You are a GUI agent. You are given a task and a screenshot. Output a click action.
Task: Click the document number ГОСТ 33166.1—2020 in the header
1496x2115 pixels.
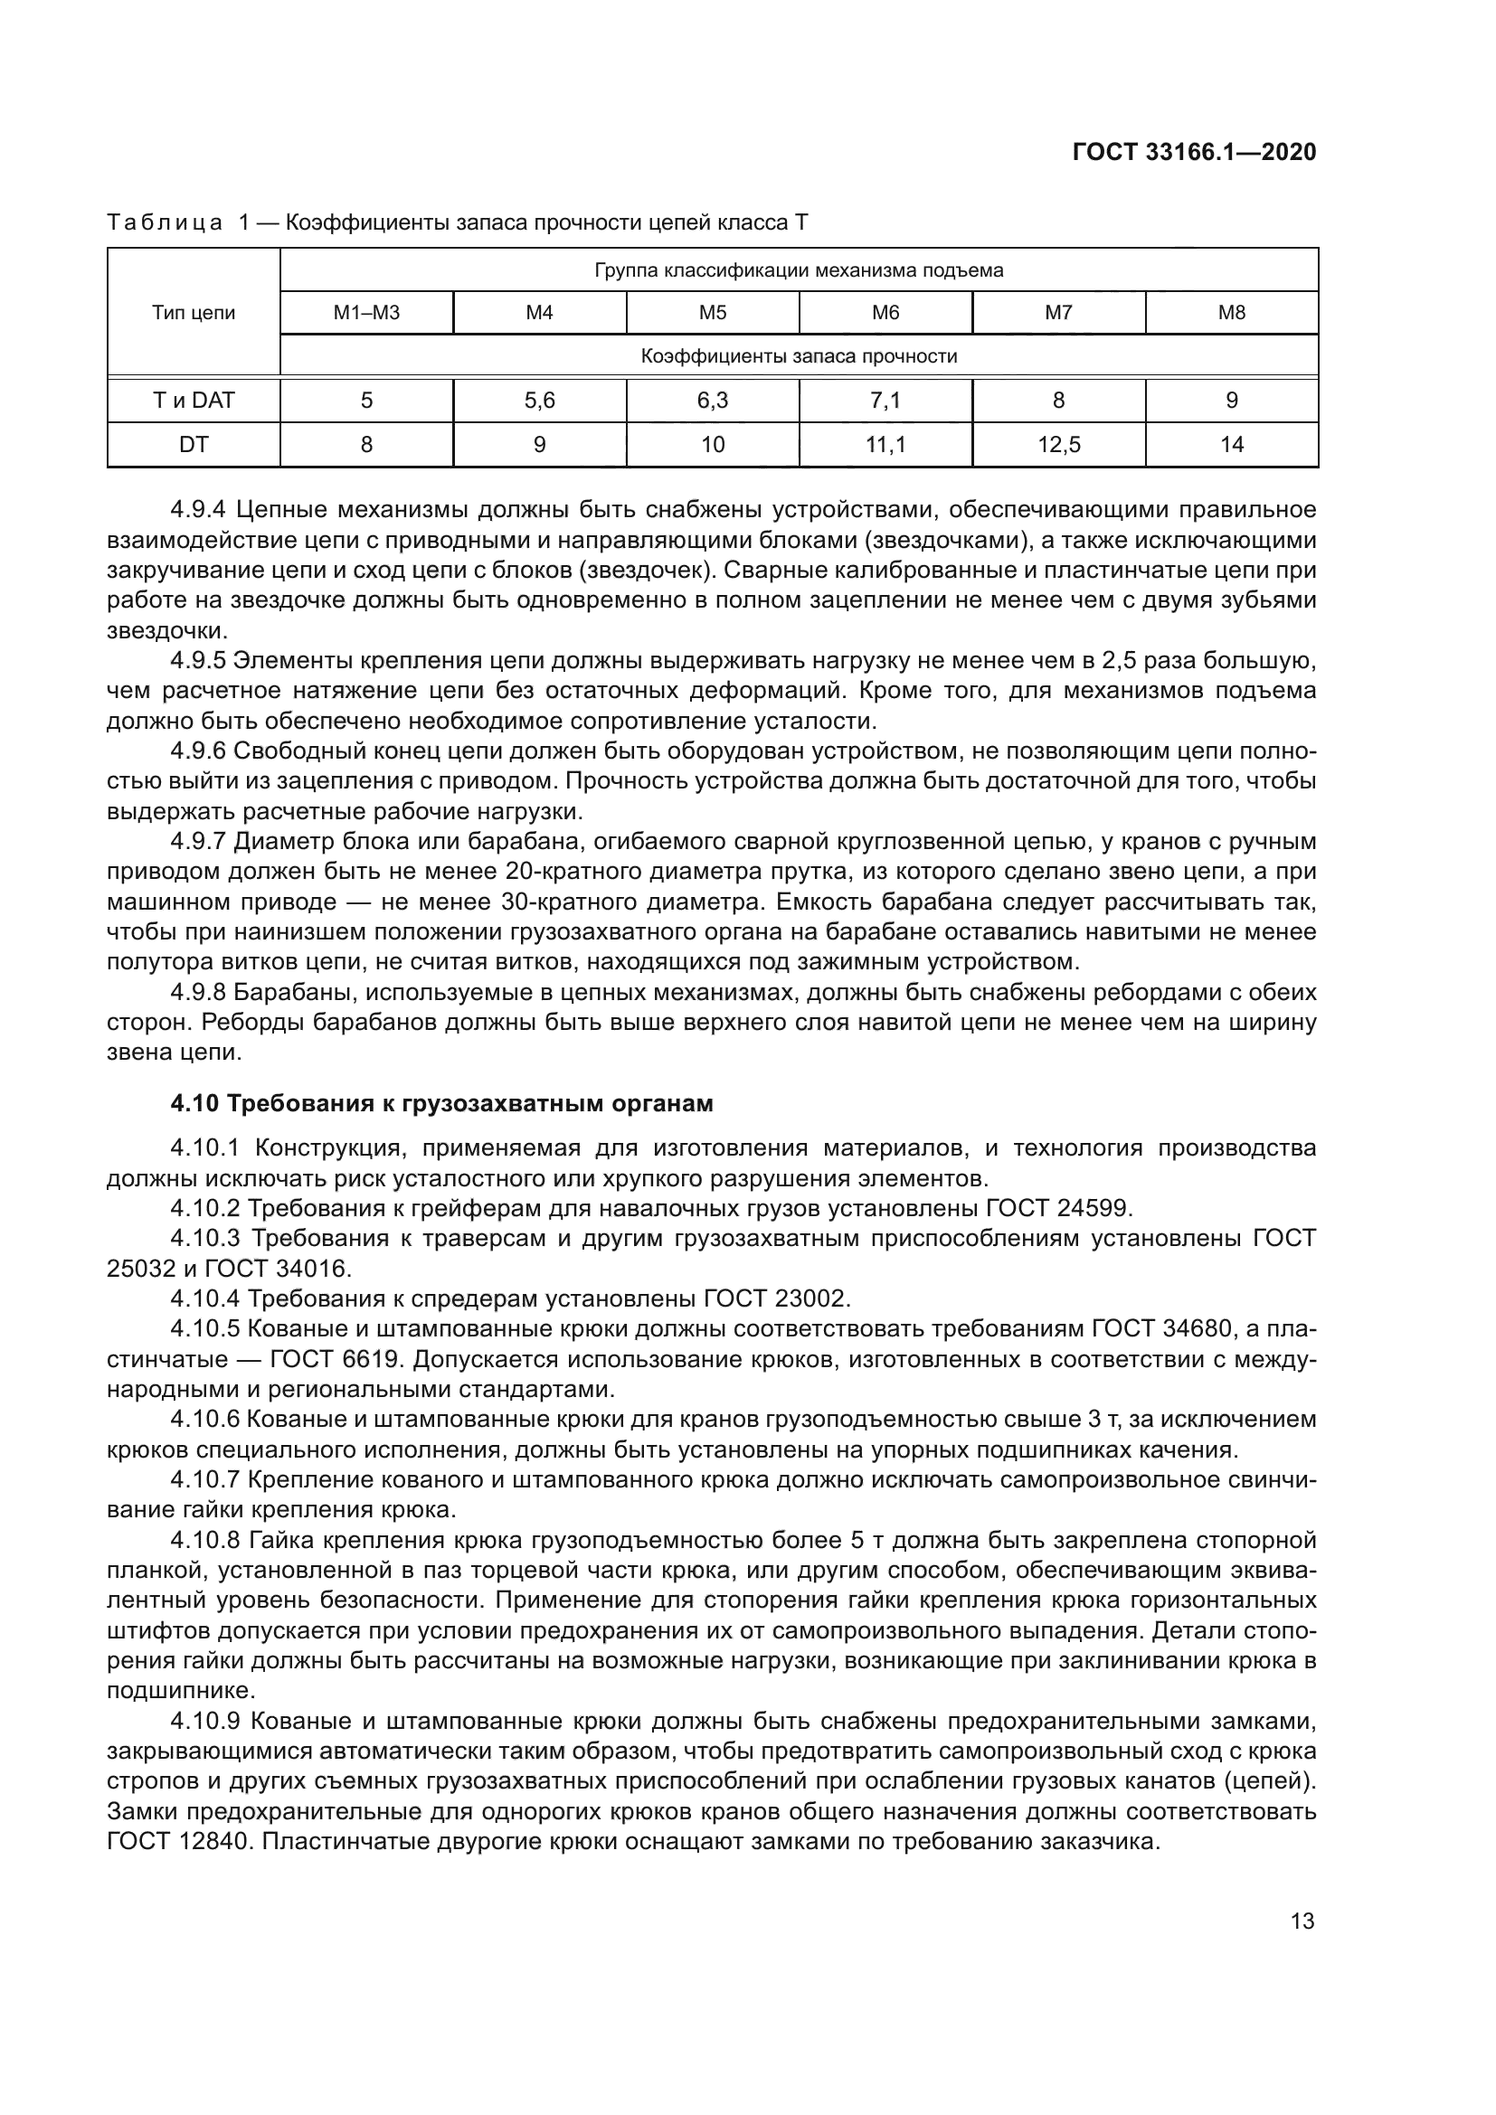pos(1194,153)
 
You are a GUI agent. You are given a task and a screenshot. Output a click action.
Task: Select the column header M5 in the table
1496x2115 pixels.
pos(712,313)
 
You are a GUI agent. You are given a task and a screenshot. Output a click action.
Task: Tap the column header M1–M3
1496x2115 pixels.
pos(365,313)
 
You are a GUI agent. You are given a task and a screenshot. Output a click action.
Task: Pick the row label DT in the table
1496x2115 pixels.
pos(194,445)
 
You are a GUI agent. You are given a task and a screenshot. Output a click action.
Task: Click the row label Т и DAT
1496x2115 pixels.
pos(194,401)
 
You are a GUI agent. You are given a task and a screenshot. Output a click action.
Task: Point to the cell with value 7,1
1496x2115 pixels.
pos(885,401)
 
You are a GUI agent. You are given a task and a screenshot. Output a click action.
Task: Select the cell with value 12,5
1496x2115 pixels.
pos(1058,445)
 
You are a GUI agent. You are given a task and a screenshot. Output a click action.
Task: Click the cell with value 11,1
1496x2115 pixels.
pos(885,445)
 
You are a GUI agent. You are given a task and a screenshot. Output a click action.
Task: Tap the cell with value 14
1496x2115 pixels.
pos(1232,445)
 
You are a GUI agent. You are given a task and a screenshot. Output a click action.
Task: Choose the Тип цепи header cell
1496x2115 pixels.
pos(194,313)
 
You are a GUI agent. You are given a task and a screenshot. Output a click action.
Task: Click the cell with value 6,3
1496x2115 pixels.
pos(712,401)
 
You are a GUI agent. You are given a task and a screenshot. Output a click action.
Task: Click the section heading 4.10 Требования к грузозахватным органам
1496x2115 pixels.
pos(441,1103)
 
